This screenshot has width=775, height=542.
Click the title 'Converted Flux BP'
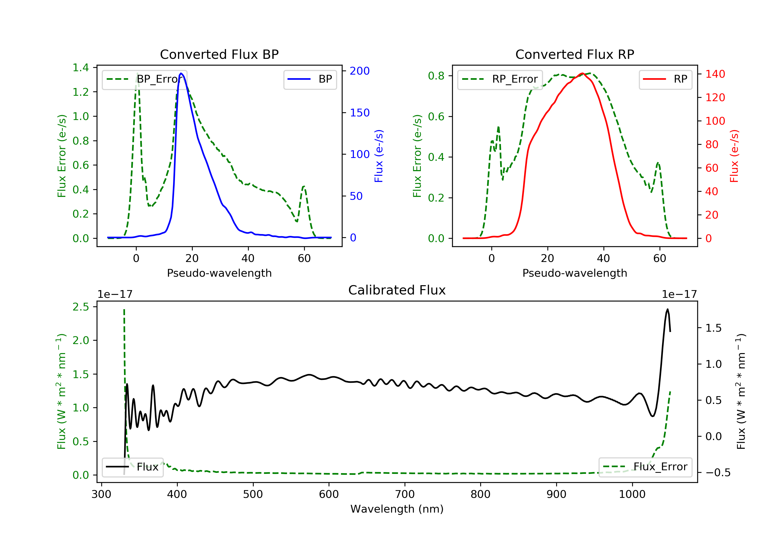click(219, 54)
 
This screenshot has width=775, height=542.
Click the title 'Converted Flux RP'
click(575, 54)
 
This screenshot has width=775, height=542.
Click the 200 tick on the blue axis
click(360, 71)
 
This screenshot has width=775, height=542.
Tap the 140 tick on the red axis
click(715, 74)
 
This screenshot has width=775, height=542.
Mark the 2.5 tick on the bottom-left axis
click(81, 307)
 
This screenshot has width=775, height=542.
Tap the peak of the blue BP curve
click(181, 74)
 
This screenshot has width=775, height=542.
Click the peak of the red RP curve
click(582, 74)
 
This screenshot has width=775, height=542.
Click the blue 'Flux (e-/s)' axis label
click(379, 156)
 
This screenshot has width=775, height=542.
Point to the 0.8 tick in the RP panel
click(436, 76)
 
